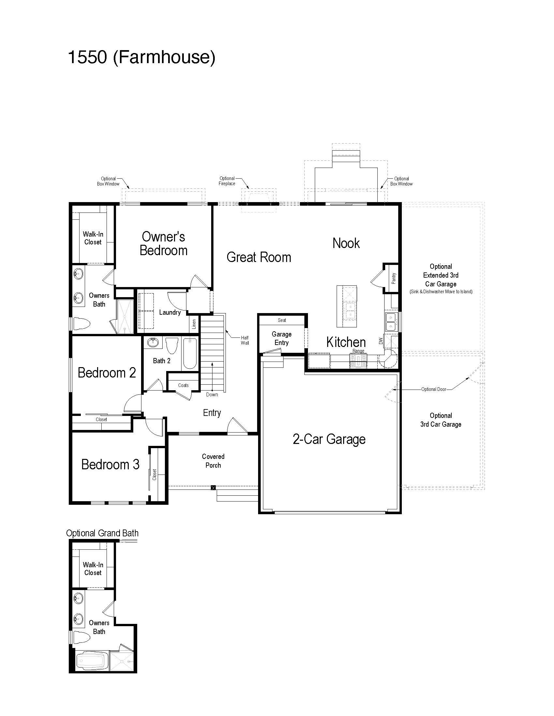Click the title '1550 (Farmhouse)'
141,57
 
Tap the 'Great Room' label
259,257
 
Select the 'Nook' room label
346,243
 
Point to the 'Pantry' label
394,278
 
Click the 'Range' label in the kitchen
358,351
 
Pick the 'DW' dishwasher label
381,341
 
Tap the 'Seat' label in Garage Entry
282,320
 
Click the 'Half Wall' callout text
245,340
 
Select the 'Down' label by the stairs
212,394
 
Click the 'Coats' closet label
183,385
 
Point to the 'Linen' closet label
194,324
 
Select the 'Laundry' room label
170,312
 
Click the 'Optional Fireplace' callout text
227,181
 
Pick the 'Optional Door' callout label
434,389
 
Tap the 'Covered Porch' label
213,461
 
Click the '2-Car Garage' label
329,439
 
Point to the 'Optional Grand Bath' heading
102,533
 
